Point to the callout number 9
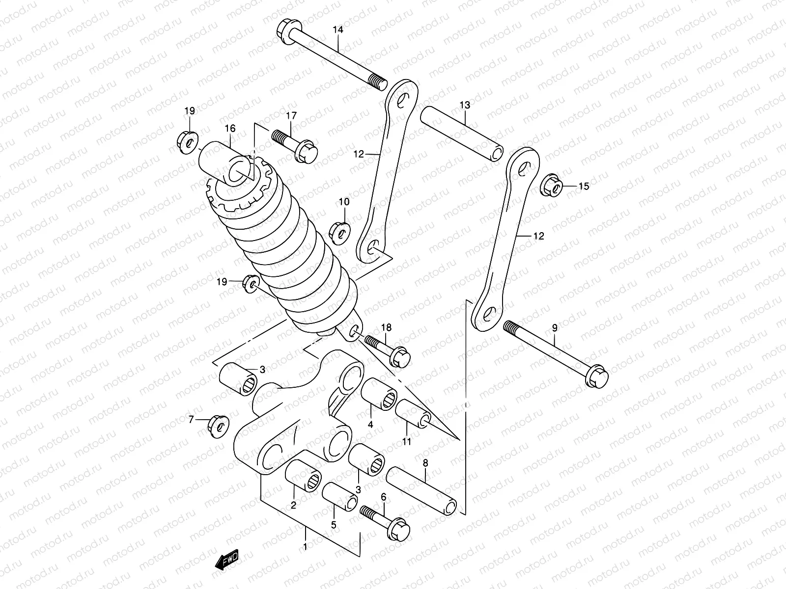tap(555, 327)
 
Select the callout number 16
tap(230, 129)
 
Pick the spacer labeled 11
tap(413, 413)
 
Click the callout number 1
tap(306, 546)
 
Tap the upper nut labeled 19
tap(186, 140)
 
